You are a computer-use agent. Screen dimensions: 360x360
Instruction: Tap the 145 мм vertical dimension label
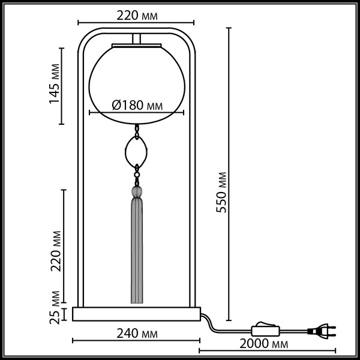pos(55,85)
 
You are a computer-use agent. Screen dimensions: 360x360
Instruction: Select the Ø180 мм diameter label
pos(137,106)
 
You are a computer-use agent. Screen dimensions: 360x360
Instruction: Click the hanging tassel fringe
pos(137,252)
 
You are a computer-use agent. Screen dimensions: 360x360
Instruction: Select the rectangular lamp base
pos(136,314)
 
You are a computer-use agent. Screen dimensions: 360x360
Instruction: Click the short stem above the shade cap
pos(137,39)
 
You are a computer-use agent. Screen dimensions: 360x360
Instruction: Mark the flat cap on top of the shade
pos(137,46)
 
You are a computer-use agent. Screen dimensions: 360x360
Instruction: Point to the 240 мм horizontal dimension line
pos(137,342)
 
